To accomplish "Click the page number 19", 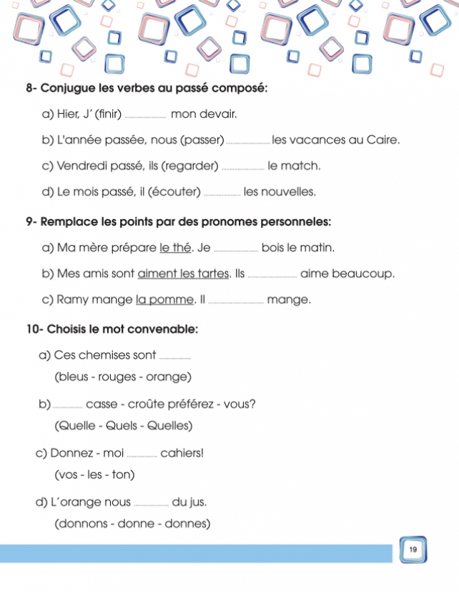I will [413, 549].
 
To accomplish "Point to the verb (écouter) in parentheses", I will [176, 192].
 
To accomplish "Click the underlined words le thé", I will [175, 248].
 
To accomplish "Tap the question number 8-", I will [31, 88].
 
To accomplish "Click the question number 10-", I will [34, 329].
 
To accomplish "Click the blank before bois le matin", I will [236, 249].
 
